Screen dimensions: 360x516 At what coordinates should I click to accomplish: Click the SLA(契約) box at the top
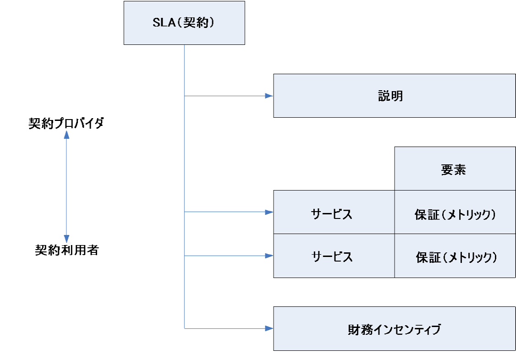[x=184, y=23]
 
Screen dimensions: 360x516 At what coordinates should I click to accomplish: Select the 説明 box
[x=394, y=96]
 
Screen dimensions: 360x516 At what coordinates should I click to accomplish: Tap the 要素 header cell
[x=455, y=169]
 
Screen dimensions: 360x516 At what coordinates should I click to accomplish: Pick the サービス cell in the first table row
[x=334, y=212]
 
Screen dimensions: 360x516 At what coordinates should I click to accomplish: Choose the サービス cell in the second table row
[x=334, y=256]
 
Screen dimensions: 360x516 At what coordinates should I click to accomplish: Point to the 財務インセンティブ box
[x=394, y=329]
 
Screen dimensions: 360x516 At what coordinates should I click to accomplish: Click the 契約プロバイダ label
[x=66, y=123]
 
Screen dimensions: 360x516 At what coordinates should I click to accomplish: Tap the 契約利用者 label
[x=67, y=250]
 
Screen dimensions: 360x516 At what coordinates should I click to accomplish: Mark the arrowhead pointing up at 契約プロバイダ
[x=66, y=134]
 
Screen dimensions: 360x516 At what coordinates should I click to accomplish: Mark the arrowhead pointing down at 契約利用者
[x=66, y=239]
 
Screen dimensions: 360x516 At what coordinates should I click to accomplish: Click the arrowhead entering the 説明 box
[x=269, y=96]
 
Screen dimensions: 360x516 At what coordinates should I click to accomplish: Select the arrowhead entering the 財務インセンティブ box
[x=269, y=328]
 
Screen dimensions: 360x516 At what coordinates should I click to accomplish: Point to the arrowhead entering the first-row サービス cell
[x=269, y=212]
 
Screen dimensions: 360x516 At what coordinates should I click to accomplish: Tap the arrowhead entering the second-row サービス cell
[x=269, y=256]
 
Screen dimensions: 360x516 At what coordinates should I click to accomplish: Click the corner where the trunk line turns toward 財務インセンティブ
[x=184, y=328]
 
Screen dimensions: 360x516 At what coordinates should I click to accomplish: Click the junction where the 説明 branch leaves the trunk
[x=184, y=96]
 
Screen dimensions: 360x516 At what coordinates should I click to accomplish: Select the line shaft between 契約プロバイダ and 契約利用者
[x=66, y=186]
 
